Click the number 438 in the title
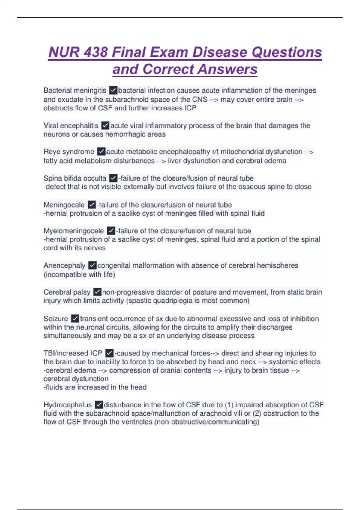pyautogui.click(x=96, y=52)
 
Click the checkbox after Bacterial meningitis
pyautogui.click(x=113, y=90)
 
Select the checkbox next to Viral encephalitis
pyautogui.click(x=105, y=125)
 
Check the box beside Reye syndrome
pyautogui.click(x=101, y=152)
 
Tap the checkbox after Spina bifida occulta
pyautogui.click(x=113, y=178)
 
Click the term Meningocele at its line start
pyautogui.click(x=64, y=205)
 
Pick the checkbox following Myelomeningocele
pyautogui.click(x=111, y=231)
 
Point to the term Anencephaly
pyautogui.click(x=64, y=266)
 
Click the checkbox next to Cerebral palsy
pyautogui.click(x=97, y=292)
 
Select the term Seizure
pyautogui.click(x=56, y=319)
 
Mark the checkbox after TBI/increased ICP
pyautogui.click(x=109, y=353)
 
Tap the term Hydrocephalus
pyautogui.click(x=68, y=405)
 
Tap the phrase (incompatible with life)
pyautogui.click(x=79, y=274)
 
